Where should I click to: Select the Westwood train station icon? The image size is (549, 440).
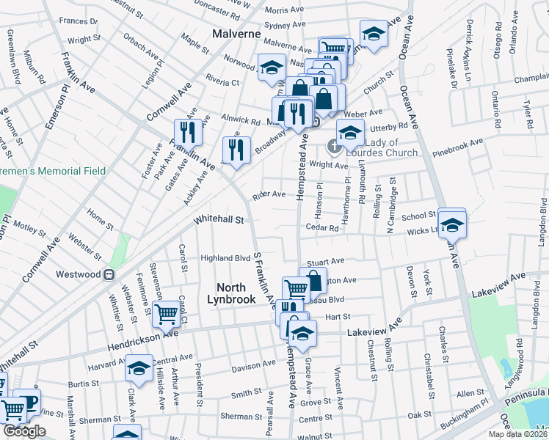coord(109,274)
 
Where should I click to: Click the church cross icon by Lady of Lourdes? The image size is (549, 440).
coord(334,146)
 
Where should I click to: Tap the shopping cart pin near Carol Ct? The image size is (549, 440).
coord(167,313)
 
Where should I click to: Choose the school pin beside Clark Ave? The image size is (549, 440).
coord(138,369)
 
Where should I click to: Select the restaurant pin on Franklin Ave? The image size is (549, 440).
coord(188,132)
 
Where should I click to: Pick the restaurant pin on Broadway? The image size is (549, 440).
coord(236,150)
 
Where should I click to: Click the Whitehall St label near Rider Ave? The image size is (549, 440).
coord(219,219)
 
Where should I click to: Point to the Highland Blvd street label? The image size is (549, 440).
coord(226,258)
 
